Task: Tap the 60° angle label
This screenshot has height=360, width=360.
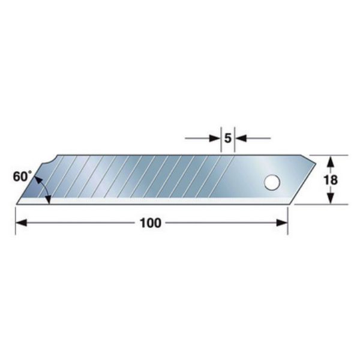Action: point(21,176)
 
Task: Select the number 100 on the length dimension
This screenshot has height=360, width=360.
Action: point(150,223)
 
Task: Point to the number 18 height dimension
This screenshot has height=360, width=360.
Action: point(330,179)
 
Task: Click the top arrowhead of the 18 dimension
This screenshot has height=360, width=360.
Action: point(330,160)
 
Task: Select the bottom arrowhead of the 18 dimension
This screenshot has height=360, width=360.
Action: point(330,200)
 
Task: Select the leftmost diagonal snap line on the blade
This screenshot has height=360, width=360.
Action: point(58,180)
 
